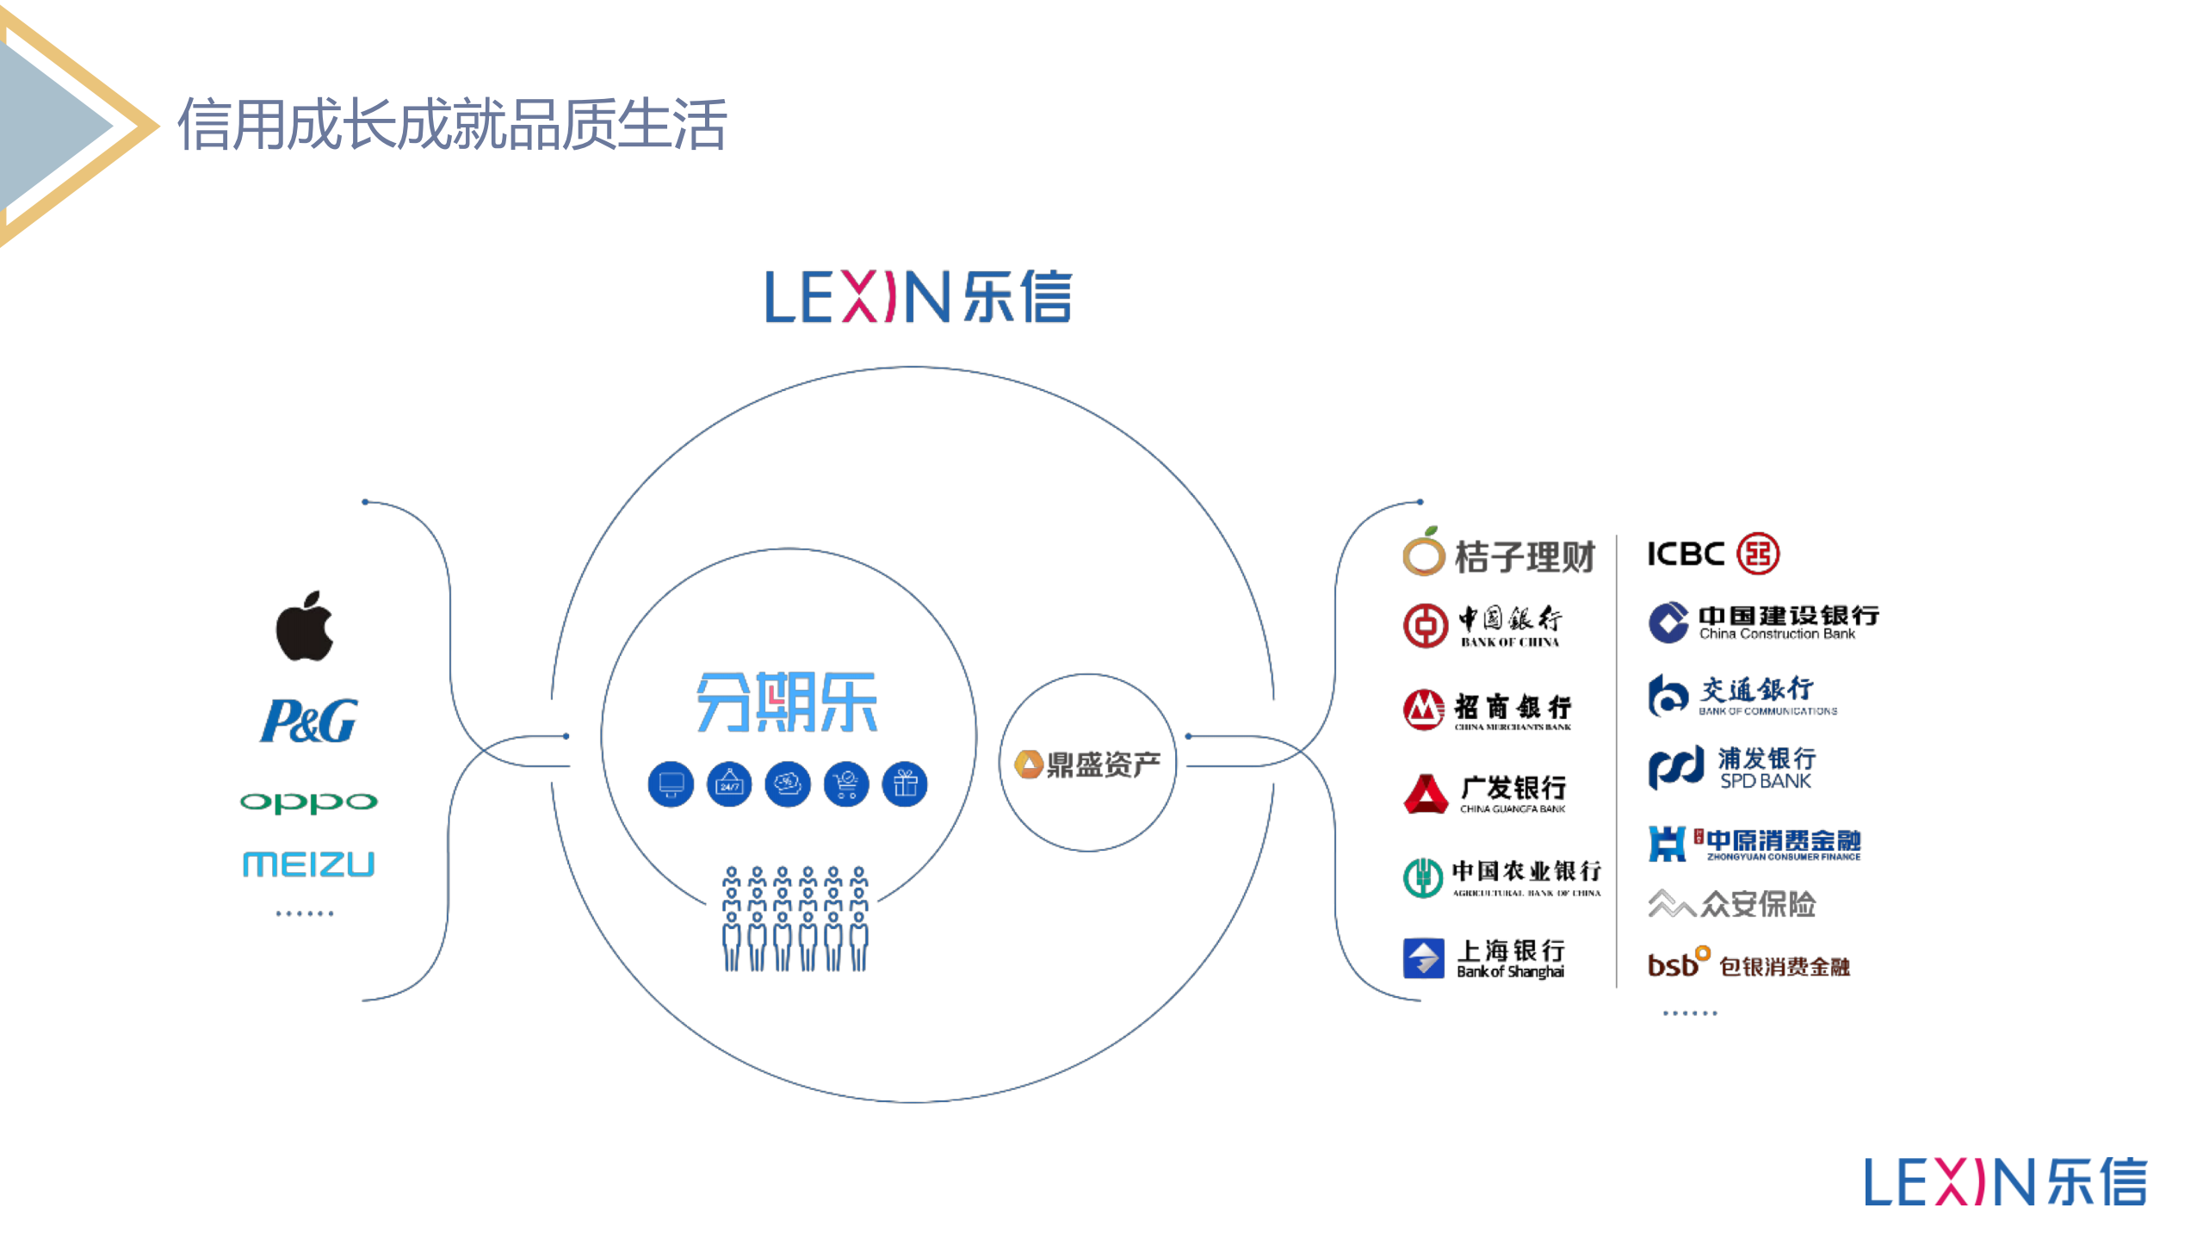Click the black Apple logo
click(305, 627)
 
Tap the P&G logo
click(308, 721)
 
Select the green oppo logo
click(308, 802)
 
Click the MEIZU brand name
click(308, 864)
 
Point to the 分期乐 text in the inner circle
click(787, 703)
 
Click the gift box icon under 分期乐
click(905, 784)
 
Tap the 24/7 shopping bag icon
click(729, 784)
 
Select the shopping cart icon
click(846, 784)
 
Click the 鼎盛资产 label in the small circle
click(1088, 764)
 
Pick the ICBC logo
click(1712, 554)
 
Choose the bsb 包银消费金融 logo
click(1748, 964)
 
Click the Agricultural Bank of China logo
click(1502, 877)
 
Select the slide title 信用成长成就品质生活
click(452, 125)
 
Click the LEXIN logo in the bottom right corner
click(2005, 1181)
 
